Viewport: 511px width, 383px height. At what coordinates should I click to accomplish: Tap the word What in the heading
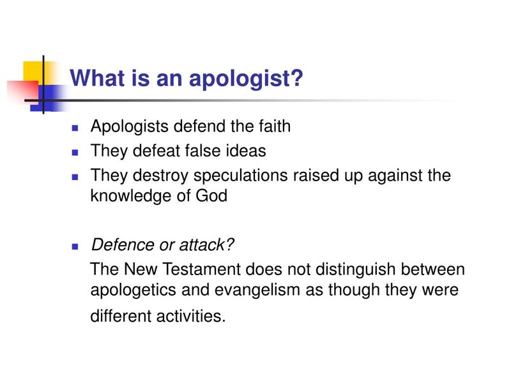(94, 79)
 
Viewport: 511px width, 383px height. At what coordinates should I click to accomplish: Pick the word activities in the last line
(192, 315)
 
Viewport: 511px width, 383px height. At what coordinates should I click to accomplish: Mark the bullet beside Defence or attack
(75, 246)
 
